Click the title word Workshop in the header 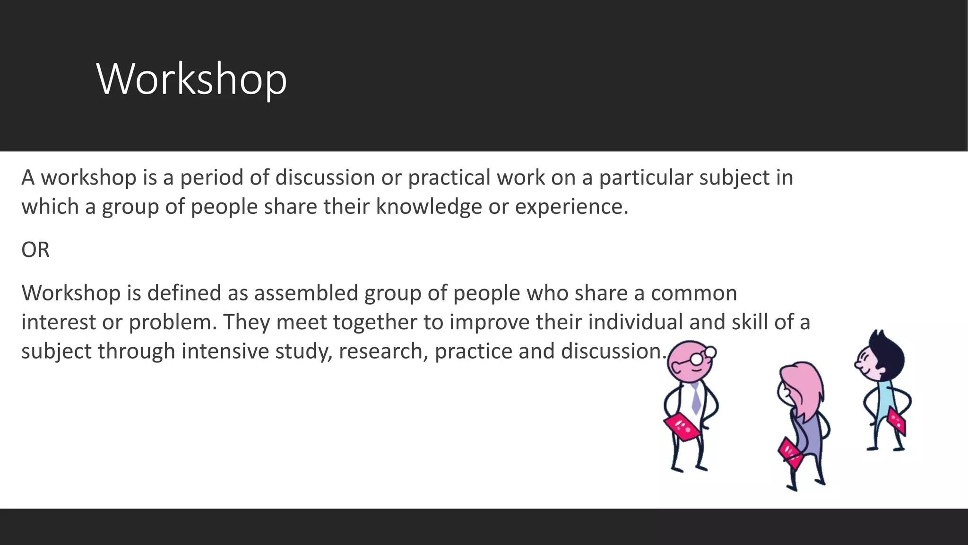[191, 79]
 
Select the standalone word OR [35, 250]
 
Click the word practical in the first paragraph [449, 178]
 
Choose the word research [383, 352]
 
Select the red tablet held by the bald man [681, 427]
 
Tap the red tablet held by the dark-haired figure [897, 420]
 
